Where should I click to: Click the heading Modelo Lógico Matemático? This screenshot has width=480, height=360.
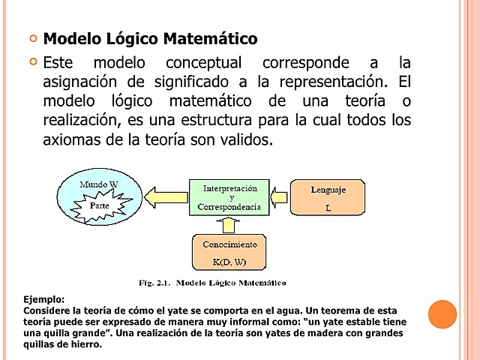(150, 38)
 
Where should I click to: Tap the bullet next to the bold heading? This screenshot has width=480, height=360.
(32, 37)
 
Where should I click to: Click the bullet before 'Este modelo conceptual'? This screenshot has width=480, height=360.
(32, 61)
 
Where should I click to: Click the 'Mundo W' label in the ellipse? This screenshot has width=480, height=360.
(99, 184)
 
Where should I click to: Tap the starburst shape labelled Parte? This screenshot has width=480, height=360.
(100, 205)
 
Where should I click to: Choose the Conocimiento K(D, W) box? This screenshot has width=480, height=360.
(229, 253)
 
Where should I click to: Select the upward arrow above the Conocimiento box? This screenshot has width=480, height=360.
(229, 225)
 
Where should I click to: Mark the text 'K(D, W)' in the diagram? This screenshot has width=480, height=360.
(229, 262)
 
